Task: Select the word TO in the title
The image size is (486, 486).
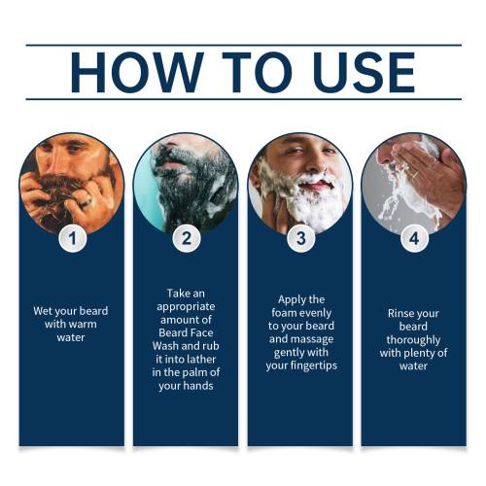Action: (x=258, y=72)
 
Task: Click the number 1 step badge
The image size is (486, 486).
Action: (x=73, y=238)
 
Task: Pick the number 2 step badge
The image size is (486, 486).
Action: (x=187, y=238)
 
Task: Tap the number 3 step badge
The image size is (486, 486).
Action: (x=301, y=238)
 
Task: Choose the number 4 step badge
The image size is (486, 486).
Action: (x=414, y=238)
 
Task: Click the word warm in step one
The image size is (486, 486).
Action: (x=82, y=325)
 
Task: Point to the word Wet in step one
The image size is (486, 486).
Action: (x=42, y=311)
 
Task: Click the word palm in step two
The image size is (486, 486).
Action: (x=192, y=373)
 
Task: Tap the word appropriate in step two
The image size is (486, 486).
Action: (x=186, y=307)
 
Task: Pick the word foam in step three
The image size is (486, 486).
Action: (x=283, y=313)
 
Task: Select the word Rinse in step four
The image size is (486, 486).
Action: (x=399, y=314)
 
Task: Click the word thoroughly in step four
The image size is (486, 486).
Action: (x=413, y=340)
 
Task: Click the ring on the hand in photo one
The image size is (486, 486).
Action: (x=86, y=203)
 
